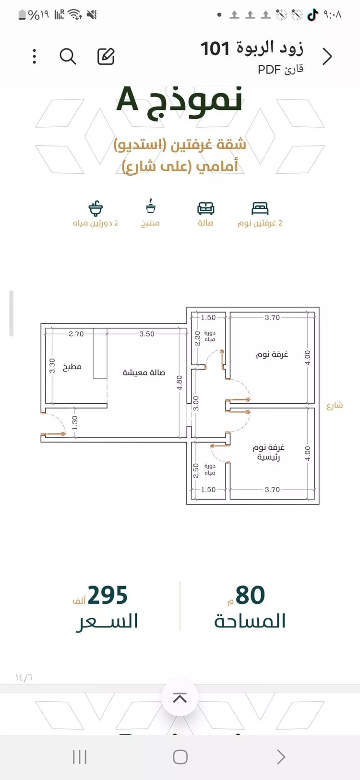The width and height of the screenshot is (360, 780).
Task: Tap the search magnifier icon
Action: point(68,57)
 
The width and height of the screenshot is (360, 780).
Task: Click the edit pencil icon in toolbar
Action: point(106,57)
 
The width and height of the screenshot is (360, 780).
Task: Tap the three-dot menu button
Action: point(35,57)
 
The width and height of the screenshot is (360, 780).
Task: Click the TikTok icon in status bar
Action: point(313,15)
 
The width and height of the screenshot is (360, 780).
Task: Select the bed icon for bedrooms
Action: point(260,209)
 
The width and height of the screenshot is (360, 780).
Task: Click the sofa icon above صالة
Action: point(206,209)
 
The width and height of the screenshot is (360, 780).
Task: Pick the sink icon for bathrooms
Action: point(96,209)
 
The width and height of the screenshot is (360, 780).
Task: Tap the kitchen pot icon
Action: point(150,206)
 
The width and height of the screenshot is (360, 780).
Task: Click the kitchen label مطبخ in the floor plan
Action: point(72,367)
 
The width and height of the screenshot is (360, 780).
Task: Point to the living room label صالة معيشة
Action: point(144,372)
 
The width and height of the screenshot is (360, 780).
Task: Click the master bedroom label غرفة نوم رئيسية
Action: point(269,452)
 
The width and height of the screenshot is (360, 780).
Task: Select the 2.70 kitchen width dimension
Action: point(76,334)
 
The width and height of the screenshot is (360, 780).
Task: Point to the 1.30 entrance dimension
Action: point(75,423)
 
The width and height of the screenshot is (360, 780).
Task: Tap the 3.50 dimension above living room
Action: point(147,334)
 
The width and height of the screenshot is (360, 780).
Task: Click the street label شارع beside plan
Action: point(335,405)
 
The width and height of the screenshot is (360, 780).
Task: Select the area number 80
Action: point(251,595)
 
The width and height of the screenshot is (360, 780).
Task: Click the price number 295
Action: point(108,595)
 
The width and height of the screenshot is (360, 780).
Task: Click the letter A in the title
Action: point(128,99)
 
